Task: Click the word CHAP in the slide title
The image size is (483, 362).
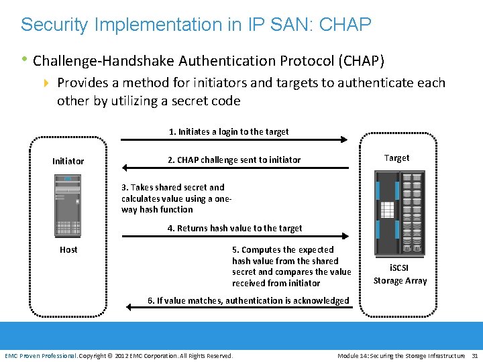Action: (345, 25)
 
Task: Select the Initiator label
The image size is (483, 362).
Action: (68, 161)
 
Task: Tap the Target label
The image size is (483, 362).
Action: (396, 158)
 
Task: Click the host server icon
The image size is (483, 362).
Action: (68, 204)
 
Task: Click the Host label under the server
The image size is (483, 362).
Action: (68, 250)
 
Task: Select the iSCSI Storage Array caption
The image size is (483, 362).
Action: (400, 274)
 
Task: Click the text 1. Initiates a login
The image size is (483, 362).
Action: (229, 131)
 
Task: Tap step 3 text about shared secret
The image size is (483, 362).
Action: (173, 198)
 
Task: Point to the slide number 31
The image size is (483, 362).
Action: (475, 355)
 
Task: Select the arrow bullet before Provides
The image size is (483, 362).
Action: (46, 83)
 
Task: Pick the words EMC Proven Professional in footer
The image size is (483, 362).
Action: (40, 355)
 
